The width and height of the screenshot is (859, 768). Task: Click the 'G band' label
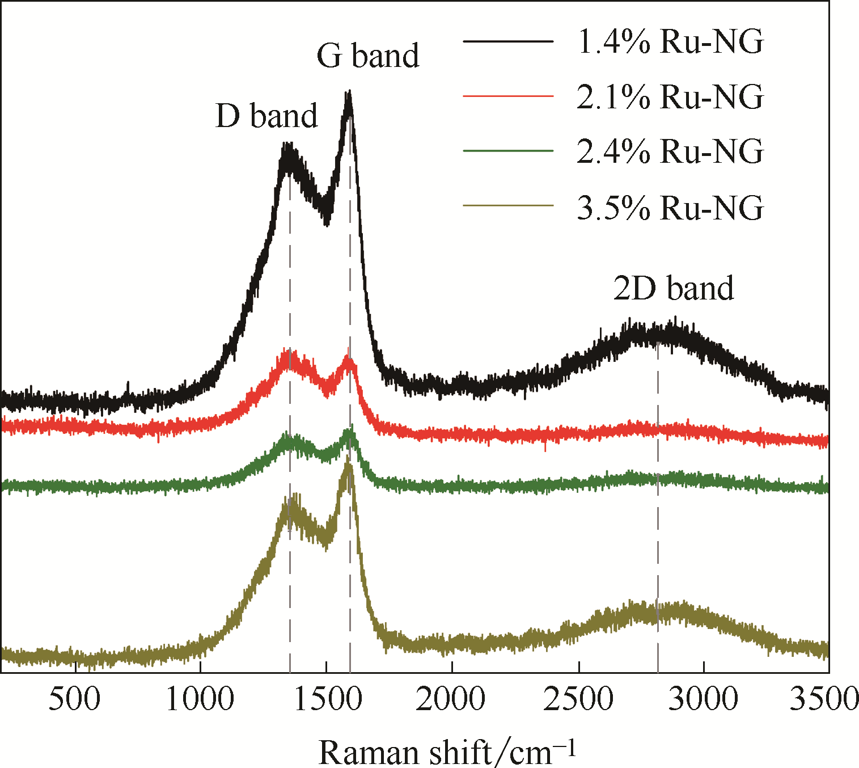point(367,56)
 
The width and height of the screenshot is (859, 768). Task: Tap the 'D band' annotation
point(266,116)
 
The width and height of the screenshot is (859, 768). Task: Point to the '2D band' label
point(674,288)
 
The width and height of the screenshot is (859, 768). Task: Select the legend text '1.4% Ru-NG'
point(670,41)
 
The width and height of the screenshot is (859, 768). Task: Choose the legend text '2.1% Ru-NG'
point(670,96)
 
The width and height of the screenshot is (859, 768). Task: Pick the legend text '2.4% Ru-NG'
point(670,151)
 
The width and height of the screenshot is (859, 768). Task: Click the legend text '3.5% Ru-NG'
point(670,207)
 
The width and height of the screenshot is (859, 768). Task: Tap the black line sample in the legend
point(507,41)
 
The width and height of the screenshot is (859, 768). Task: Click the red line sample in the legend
point(507,96)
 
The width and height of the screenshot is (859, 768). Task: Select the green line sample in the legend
point(507,151)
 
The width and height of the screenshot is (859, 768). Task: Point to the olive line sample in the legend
point(507,205)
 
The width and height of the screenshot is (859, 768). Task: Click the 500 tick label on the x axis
point(74,699)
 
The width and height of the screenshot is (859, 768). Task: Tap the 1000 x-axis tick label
point(200,699)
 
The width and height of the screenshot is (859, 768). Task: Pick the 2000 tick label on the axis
point(451,699)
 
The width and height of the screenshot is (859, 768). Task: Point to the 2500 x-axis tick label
point(578,699)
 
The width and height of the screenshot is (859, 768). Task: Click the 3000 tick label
point(703,699)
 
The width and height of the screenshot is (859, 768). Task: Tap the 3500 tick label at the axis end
point(824,699)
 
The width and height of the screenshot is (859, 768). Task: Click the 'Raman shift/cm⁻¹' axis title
point(447,752)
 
